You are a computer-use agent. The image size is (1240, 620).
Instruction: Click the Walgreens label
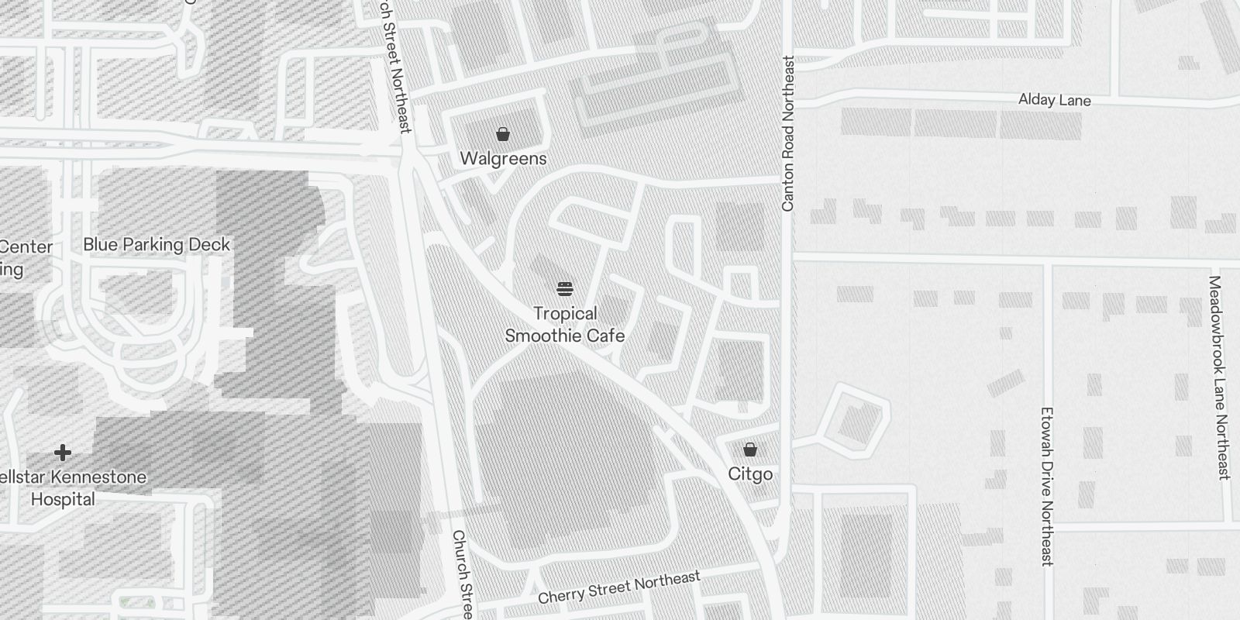tap(503, 159)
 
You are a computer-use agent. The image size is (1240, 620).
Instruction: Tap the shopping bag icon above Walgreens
tap(503, 135)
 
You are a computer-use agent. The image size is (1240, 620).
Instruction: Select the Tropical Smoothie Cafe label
tap(565, 325)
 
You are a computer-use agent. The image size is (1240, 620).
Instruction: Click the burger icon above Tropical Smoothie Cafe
tap(565, 290)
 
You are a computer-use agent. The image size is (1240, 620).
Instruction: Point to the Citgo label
tap(749, 474)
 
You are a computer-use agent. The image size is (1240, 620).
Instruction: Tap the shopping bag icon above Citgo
tap(749, 449)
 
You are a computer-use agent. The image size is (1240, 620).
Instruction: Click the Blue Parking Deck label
tap(157, 245)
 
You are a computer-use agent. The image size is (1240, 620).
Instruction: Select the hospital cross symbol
tap(63, 453)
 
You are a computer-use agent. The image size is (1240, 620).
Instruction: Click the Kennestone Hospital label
tap(70, 487)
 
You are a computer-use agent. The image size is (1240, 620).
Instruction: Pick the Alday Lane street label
tap(1054, 100)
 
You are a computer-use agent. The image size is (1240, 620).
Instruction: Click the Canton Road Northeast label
tap(788, 133)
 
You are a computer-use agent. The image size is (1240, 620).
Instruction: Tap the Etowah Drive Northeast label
tap(1046, 486)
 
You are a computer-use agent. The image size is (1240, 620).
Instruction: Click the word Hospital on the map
tap(63, 499)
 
